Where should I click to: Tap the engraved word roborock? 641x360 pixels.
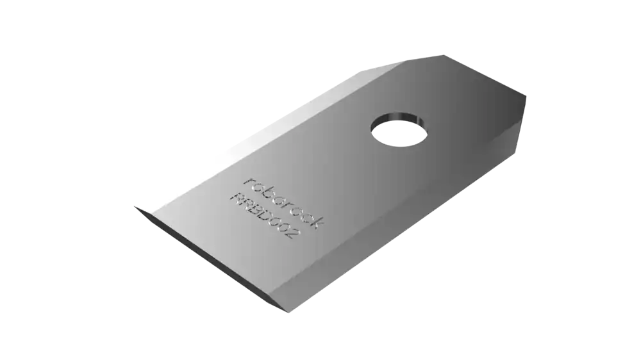click(284, 202)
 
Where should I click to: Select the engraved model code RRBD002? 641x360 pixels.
click(266, 216)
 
